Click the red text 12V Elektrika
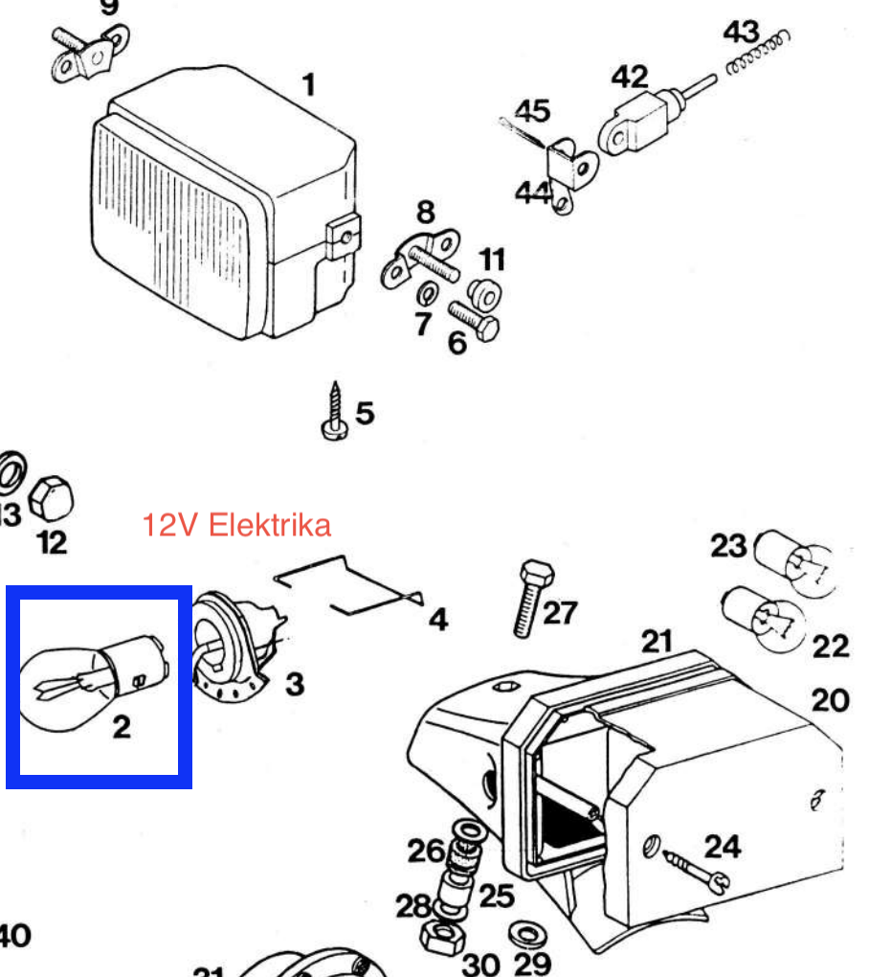point(236,525)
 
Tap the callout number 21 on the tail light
point(657,640)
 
